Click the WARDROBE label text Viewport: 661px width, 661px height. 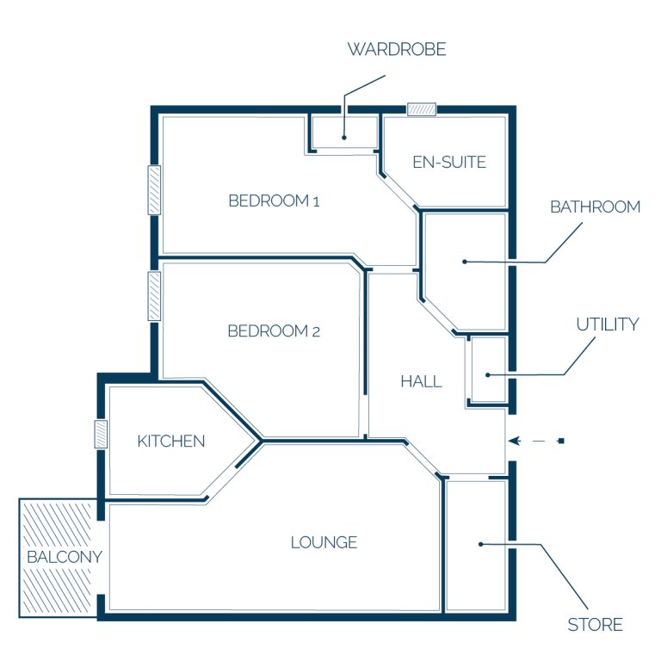[x=397, y=49]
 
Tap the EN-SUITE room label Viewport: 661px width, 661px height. [x=449, y=163]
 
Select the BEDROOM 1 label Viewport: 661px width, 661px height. [x=274, y=201]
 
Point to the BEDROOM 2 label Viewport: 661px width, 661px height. [x=274, y=330]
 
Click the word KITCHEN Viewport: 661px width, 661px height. [x=171, y=442]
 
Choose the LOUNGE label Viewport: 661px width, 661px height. [x=324, y=542]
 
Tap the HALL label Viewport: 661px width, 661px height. [x=422, y=382]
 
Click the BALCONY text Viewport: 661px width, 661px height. [x=65, y=558]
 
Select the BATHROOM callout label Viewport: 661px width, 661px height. [x=596, y=207]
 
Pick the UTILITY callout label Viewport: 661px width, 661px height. [x=608, y=324]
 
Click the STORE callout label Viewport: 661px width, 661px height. [x=596, y=625]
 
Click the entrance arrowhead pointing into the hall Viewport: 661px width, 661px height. [x=515, y=441]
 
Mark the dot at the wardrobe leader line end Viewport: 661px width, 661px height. [x=344, y=138]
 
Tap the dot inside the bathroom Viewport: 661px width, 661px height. [x=465, y=262]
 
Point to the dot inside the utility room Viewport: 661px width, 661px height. [x=488, y=374]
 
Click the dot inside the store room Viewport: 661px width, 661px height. [x=480, y=544]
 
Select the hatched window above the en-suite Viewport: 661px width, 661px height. [x=422, y=109]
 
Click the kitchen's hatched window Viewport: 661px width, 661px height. [x=101, y=434]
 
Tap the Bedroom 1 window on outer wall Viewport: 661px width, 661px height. [x=154, y=190]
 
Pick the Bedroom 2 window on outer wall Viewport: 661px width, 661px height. [x=154, y=296]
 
